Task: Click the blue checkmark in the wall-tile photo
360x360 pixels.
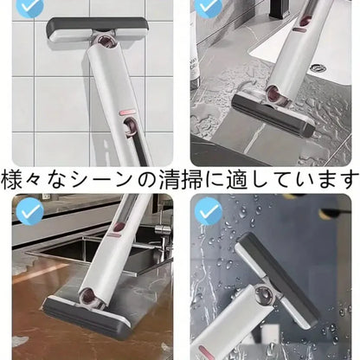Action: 29,6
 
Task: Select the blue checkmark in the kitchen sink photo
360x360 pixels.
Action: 29,210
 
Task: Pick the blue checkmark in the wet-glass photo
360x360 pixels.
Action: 208,210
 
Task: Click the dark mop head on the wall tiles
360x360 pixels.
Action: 89,29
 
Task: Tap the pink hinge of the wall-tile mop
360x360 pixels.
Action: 105,42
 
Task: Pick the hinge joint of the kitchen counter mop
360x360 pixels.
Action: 98,298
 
